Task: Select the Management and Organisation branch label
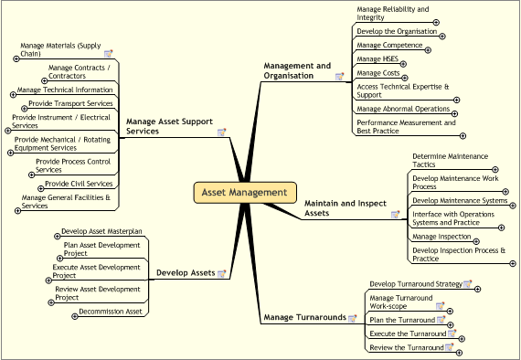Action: [x=297, y=70]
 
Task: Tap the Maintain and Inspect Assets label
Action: [x=340, y=207]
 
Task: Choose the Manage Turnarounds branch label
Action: [x=304, y=317]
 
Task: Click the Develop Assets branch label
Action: [x=186, y=272]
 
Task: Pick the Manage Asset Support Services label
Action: [x=169, y=125]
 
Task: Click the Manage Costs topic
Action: [x=378, y=72]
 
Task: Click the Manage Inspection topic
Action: [x=441, y=237]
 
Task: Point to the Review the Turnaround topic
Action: [x=406, y=347]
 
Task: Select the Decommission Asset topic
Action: [x=111, y=312]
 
